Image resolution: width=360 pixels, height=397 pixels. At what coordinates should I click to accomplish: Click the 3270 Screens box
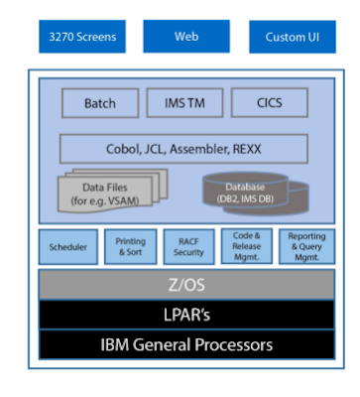point(82,38)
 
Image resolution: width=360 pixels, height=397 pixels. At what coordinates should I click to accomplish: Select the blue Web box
point(186,37)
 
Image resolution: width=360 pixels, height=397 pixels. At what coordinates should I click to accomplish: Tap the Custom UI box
point(291,38)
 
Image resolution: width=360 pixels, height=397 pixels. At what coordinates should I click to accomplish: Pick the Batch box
point(99,102)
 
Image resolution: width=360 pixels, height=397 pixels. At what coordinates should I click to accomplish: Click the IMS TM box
point(184,102)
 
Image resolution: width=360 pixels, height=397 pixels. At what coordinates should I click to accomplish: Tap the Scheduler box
point(67,247)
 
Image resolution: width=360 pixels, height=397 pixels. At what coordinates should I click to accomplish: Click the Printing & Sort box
point(130,247)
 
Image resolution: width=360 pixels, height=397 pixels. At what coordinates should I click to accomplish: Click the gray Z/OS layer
point(185,285)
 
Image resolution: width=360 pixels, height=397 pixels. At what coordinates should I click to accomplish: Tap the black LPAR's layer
point(185,315)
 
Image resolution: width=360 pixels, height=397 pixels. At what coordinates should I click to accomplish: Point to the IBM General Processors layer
point(185,345)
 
